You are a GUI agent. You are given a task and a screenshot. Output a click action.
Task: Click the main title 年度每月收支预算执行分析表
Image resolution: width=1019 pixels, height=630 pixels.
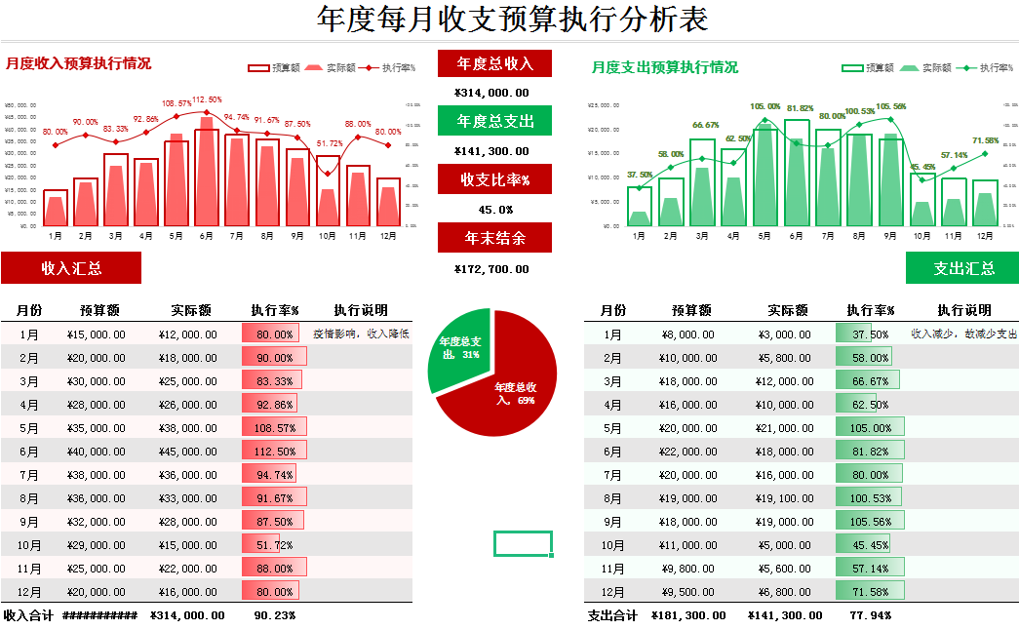[513, 20]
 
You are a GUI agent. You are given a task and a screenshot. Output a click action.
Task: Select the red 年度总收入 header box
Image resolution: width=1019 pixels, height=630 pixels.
[494, 63]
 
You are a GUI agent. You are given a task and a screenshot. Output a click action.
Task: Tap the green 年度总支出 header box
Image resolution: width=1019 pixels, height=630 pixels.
[494, 121]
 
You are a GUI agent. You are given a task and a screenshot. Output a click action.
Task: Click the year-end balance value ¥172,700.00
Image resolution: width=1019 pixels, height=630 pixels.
[492, 268]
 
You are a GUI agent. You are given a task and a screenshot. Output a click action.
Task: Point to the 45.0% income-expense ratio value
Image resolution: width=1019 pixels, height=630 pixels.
[494, 210]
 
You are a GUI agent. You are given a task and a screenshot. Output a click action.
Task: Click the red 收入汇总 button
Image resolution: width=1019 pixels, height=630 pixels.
[71, 268]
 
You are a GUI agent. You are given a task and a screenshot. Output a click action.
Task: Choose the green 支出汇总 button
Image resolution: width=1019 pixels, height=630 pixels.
[962, 268]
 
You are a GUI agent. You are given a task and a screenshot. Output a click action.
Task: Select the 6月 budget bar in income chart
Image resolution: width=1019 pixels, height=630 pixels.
[206, 176]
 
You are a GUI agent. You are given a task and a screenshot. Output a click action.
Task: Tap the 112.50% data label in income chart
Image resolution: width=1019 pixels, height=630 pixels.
[207, 99]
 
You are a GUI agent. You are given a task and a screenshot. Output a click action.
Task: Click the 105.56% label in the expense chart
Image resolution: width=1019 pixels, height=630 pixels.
[891, 106]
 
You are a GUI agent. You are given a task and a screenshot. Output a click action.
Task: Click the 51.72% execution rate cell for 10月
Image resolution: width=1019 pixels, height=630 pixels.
[274, 545]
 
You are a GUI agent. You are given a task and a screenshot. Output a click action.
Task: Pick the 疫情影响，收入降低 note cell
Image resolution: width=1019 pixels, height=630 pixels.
[360, 334]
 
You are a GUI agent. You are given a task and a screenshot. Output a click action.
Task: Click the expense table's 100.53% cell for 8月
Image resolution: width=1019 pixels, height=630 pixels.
[871, 498]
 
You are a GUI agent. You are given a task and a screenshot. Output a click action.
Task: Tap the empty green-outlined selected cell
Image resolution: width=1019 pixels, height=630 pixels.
[523, 543]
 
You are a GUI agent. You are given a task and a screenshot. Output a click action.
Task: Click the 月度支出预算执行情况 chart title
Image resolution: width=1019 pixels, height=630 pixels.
[664, 67]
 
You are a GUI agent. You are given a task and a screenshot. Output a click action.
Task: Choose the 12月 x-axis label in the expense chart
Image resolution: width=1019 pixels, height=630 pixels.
[985, 235]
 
